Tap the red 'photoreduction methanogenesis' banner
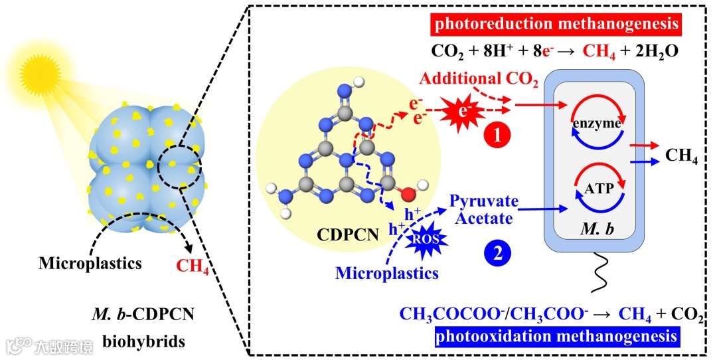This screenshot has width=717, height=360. click(556, 26)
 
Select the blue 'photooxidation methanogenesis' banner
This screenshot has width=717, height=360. click(556, 337)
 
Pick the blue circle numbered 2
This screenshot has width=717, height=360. click(497, 252)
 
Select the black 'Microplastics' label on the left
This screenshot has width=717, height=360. click(90, 263)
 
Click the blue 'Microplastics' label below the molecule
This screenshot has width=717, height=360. click(388, 272)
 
